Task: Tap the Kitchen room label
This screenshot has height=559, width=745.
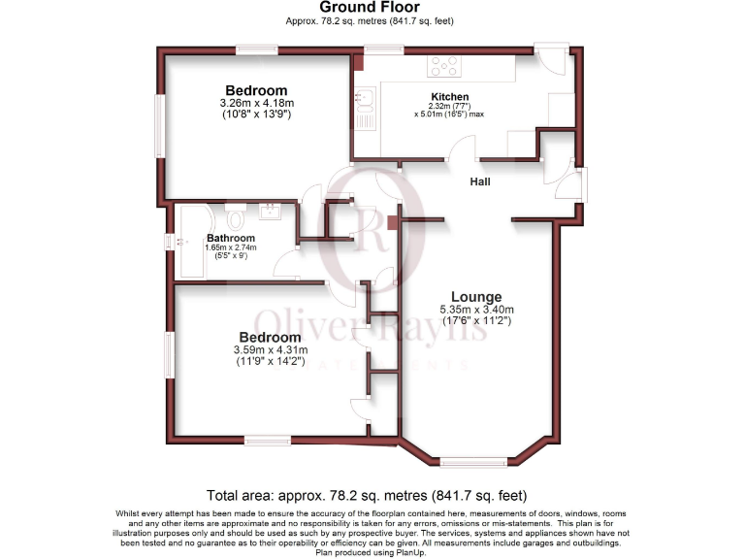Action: pyautogui.click(x=450, y=97)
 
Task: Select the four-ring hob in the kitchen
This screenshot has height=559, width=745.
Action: pyautogui.click(x=444, y=66)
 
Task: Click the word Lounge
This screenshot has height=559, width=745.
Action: pyautogui.click(x=475, y=297)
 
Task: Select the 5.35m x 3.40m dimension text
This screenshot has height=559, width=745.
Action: pyautogui.click(x=475, y=310)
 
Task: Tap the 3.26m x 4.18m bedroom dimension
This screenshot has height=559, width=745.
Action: pyautogui.click(x=257, y=103)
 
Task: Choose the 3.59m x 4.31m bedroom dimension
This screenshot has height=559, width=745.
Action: pyautogui.click(x=271, y=349)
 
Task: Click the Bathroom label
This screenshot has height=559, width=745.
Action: pyautogui.click(x=231, y=238)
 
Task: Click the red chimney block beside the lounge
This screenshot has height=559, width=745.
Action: pyautogui.click(x=392, y=222)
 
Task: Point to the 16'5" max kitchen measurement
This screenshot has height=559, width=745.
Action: pyautogui.click(x=450, y=115)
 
